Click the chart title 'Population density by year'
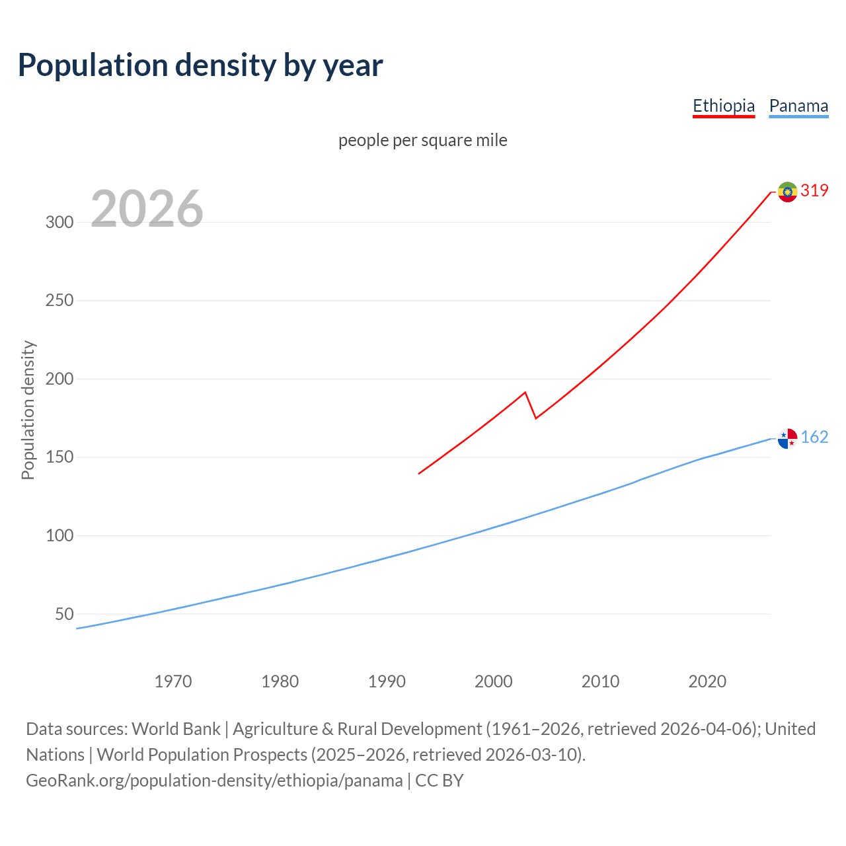[x=200, y=65]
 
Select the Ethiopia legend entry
[x=723, y=106]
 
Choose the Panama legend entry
[x=798, y=106]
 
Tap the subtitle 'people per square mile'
[x=422, y=141]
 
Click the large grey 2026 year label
[x=147, y=209]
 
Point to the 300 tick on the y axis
[x=59, y=223]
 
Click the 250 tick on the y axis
[x=59, y=301]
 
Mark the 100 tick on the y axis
[x=59, y=536]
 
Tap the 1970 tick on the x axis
[x=173, y=681]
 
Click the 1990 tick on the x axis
[x=387, y=681]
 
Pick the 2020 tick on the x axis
[x=707, y=681]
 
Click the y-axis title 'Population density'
[x=28, y=410]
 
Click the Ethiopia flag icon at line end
[x=787, y=192]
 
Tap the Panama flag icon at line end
[x=787, y=438]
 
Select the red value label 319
[x=814, y=191]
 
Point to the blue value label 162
[x=814, y=438]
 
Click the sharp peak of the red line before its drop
[x=525, y=393]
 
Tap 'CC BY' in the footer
[x=440, y=781]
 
